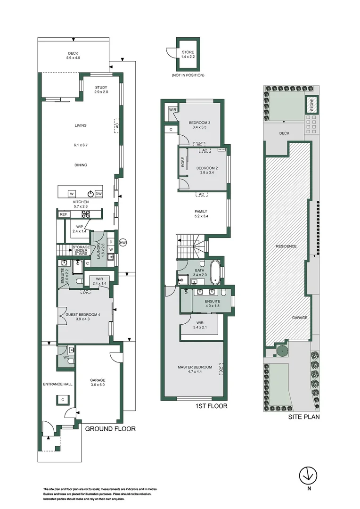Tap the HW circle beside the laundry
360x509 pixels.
coord(123,243)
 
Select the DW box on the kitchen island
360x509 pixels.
coord(98,194)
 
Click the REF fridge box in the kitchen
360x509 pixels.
coord(63,214)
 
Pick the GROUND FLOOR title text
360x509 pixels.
coord(110,429)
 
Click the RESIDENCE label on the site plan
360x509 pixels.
coord(286,246)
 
